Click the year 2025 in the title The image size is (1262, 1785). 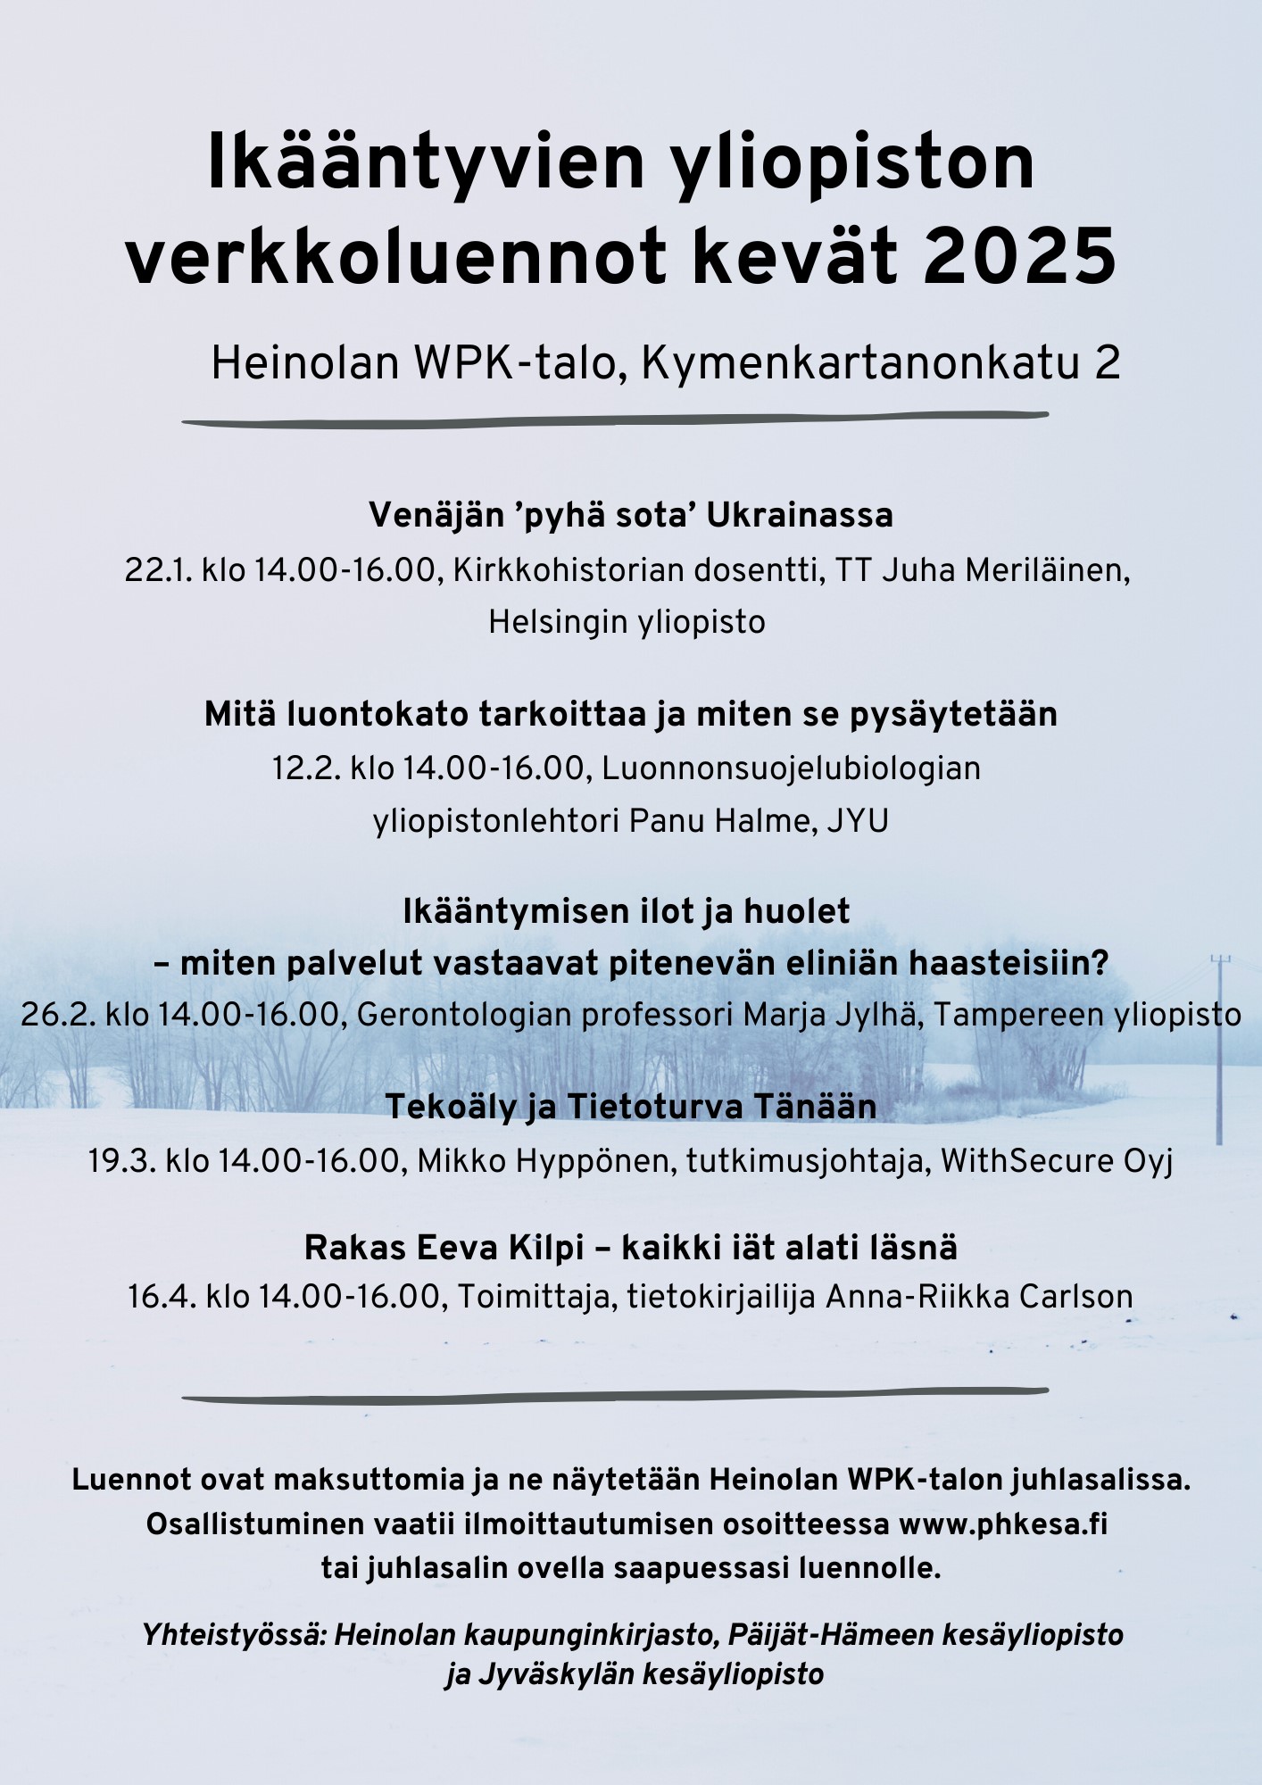click(1019, 256)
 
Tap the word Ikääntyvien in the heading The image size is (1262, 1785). click(425, 163)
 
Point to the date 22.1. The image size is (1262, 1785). click(158, 570)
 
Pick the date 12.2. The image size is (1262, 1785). click(306, 768)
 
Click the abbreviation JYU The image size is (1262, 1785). click(858, 821)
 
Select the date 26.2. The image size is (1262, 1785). click(55, 1015)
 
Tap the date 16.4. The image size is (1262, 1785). click(162, 1297)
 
